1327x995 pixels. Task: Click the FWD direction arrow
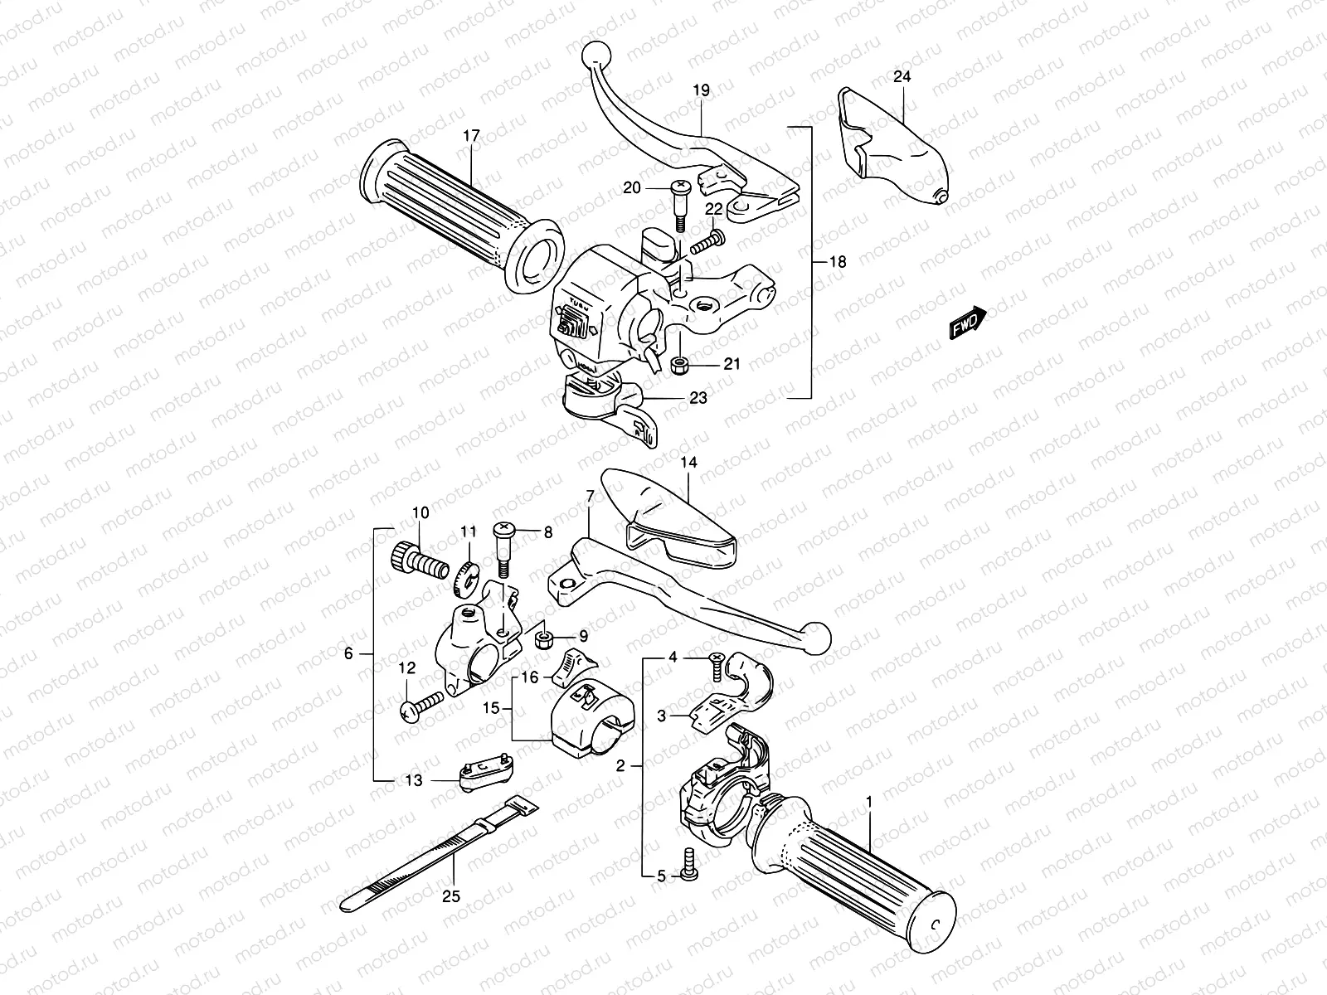click(967, 323)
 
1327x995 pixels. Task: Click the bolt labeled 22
click(705, 242)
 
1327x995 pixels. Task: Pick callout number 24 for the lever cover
click(902, 77)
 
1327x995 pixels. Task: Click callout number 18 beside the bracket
click(838, 262)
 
